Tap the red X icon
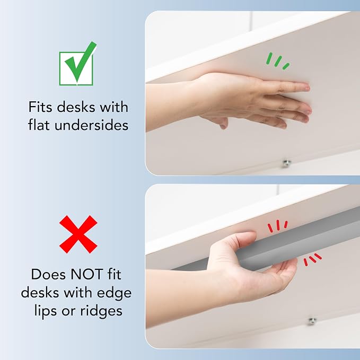(x=78, y=234)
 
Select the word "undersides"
(x=91, y=125)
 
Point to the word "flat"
(x=39, y=125)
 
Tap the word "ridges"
(x=101, y=311)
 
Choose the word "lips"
(x=46, y=312)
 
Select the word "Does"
(x=49, y=274)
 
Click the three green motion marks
(x=277, y=61)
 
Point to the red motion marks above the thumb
(x=278, y=225)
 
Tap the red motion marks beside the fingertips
(x=312, y=259)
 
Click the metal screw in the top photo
(x=286, y=163)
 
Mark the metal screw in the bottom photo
(x=312, y=321)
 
